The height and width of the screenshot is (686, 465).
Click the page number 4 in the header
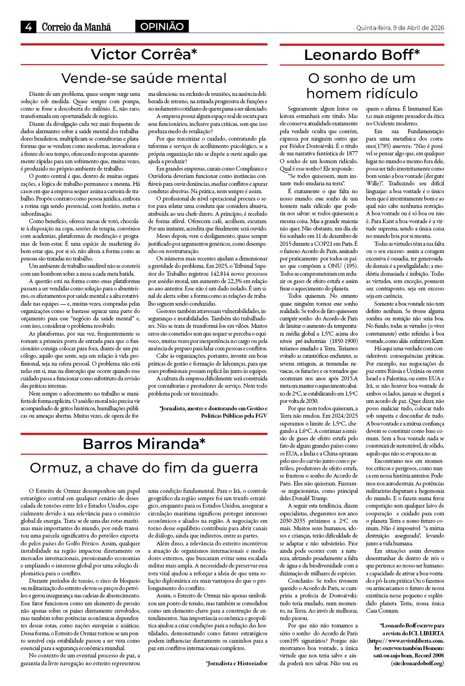click(x=29, y=27)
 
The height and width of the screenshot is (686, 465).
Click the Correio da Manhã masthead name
click(x=76, y=27)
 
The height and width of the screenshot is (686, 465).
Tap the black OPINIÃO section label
click(x=162, y=27)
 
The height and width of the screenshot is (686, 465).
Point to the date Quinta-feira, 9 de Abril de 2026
click(x=400, y=28)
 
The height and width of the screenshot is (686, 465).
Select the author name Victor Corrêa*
click(x=144, y=54)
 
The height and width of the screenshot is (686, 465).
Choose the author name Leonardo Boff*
click(x=362, y=55)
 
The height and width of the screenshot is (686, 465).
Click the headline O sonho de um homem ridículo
click(x=362, y=86)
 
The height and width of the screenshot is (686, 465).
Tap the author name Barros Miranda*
click(x=144, y=444)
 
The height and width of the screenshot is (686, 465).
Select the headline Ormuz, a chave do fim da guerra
click(x=144, y=467)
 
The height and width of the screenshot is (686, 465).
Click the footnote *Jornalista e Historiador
click(x=237, y=663)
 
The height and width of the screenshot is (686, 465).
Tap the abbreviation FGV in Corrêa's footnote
click(x=261, y=415)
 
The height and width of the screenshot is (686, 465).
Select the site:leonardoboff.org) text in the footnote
click(x=418, y=663)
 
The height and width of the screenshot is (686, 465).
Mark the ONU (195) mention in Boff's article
click(x=344, y=266)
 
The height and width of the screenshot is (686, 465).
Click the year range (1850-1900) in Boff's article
click(x=342, y=341)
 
